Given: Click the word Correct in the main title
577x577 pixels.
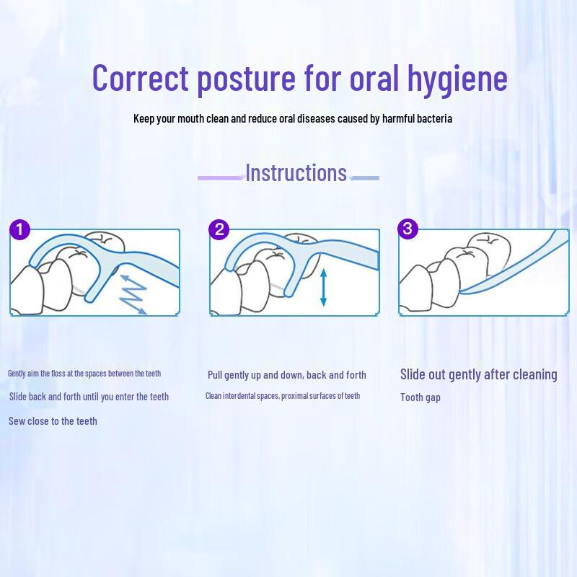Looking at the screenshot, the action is pyautogui.click(x=140, y=78).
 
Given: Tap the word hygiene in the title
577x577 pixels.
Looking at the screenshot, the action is pyautogui.click(x=457, y=80).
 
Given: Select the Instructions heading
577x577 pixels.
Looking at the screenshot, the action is pyautogui.click(x=296, y=172).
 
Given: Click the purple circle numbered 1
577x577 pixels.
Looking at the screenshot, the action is pyautogui.click(x=19, y=229).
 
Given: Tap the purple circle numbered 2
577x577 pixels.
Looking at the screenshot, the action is pyautogui.click(x=219, y=229).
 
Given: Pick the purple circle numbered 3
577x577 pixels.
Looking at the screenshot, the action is pyautogui.click(x=408, y=229).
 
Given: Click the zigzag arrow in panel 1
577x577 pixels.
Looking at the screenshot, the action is pyautogui.click(x=133, y=294).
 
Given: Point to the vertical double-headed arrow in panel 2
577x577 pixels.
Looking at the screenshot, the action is pyautogui.click(x=323, y=287).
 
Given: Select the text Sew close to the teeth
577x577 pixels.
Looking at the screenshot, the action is pyautogui.click(x=53, y=421).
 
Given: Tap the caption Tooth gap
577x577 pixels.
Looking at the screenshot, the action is pyautogui.click(x=420, y=398).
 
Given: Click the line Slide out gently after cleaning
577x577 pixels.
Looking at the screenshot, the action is pyautogui.click(x=479, y=374).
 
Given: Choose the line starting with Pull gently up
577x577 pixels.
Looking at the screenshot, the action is pyautogui.click(x=287, y=375).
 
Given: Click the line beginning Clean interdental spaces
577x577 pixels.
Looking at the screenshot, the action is pyautogui.click(x=283, y=396).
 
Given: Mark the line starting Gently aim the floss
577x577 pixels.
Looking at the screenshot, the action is pyautogui.click(x=84, y=374).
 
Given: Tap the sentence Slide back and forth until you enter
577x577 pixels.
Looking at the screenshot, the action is pyautogui.click(x=89, y=397).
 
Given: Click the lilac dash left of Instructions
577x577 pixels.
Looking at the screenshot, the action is pyautogui.click(x=221, y=177).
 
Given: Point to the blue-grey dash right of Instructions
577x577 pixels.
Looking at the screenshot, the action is pyautogui.click(x=365, y=178).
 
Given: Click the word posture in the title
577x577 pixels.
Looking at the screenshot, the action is pyautogui.click(x=246, y=80).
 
